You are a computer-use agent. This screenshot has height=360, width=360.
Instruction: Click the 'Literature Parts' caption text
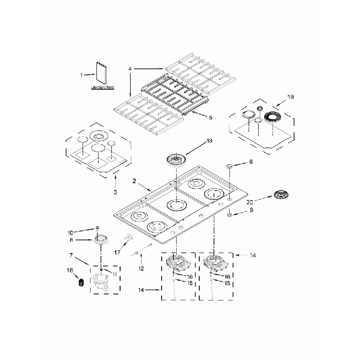point(103,88)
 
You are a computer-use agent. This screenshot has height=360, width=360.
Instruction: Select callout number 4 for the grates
point(130,69)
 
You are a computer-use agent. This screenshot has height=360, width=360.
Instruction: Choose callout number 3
point(115,192)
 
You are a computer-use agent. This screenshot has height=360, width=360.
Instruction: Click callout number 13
point(209,141)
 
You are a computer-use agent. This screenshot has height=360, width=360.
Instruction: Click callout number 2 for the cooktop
point(133,181)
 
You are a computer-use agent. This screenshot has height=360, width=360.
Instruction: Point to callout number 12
point(141,268)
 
